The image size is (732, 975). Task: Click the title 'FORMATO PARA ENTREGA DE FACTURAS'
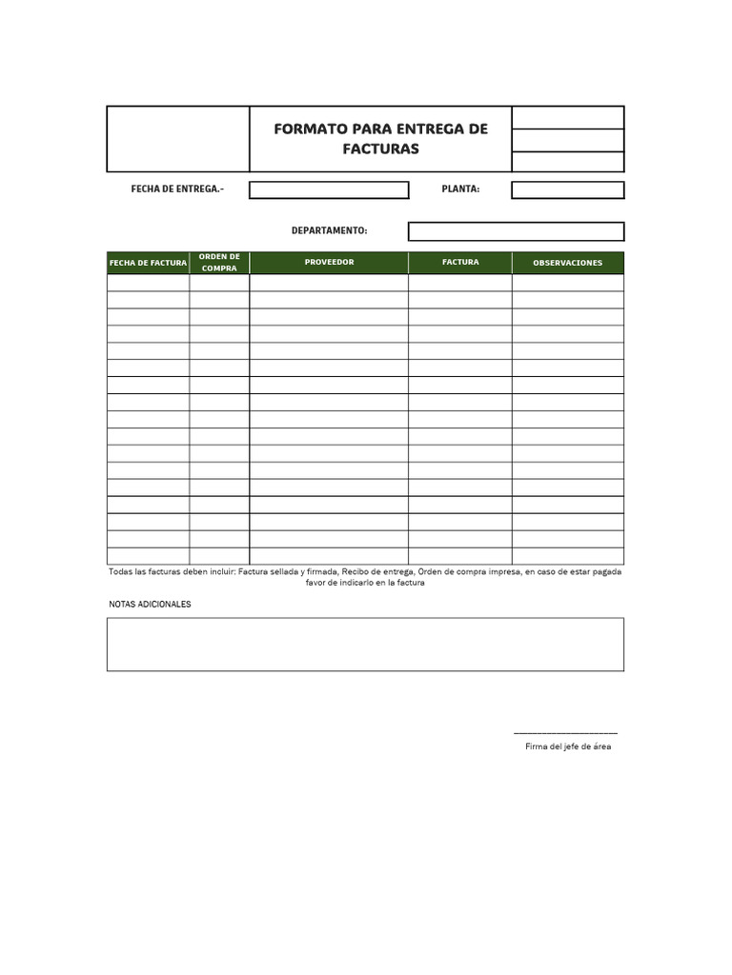(380, 139)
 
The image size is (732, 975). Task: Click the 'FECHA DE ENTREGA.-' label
(177, 189)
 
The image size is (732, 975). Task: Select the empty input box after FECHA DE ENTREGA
(329, 190)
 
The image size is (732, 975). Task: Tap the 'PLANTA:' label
(460, 189)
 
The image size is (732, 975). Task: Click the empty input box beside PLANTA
(567, 190)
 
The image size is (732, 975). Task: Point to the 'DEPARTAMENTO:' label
(329, 231)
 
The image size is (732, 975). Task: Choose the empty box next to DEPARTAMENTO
(516, 231)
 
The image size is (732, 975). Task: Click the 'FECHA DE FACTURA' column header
(148, 263)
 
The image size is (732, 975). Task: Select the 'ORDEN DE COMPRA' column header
(219, 262)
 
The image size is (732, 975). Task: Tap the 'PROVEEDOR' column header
(329, 262)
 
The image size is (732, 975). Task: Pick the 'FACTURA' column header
(460, 262)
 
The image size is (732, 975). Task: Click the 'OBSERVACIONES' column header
(567, 263)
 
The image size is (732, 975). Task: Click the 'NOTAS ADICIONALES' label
(150, 605)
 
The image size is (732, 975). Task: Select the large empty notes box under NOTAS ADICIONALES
(365, 645)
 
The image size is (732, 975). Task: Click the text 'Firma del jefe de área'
(568, 746)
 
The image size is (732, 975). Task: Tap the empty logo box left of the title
(178, 139)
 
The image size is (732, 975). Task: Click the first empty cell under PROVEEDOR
(329, 282)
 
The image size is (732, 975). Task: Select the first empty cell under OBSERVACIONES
(567, 282)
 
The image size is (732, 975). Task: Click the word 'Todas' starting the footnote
(121, 572)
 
